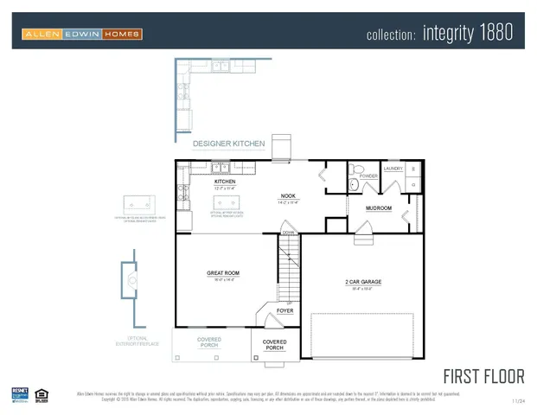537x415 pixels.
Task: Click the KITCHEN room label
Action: coord(225,182)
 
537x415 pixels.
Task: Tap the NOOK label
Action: coord(288,196)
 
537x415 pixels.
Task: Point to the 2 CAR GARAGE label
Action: coord(363,282)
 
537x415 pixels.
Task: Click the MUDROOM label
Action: coord(379,208)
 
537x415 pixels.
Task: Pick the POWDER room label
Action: coord(368,176)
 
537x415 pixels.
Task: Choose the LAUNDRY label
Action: coord(392,169)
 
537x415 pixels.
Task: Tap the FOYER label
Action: coord(284,310)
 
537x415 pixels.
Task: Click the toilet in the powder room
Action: coord(354,184)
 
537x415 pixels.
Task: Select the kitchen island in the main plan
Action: coord(227,204)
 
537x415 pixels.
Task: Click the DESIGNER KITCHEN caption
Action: coord(223,144)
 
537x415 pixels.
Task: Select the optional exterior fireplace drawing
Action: coord(131,279)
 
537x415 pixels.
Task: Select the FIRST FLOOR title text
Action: coord(483,376)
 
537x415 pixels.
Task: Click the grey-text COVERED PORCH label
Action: coord(209,342)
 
